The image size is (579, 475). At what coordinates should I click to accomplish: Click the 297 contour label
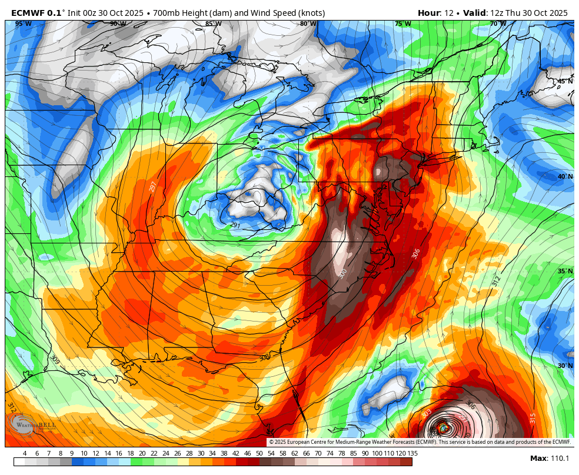tap(153, 186)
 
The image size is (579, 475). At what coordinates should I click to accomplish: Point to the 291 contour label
tap(235, 225)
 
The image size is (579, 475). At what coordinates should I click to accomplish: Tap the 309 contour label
tap(55, 359)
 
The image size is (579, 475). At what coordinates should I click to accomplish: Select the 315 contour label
tap(533, 418)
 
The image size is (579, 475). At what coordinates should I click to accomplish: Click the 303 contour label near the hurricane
tap(427, 414)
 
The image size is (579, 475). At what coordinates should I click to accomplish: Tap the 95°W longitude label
tap(23, 24)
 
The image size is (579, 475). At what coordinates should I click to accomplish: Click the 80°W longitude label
tap(308, 24)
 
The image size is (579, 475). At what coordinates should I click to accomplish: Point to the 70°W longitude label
tap(498, 24)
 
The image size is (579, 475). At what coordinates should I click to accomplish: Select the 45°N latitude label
tap(565, 81)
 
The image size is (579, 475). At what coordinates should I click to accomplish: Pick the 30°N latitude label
tap(565, 366)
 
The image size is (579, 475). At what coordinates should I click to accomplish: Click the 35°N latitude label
tap(565, 272)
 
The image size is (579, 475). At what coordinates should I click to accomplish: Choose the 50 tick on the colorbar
tap(259, 453)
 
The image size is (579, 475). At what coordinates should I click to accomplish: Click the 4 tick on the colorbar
tap(25, 453)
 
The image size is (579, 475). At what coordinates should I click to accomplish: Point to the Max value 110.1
tap(558, 459)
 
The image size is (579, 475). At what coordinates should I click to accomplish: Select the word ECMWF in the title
tap(29, 13)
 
